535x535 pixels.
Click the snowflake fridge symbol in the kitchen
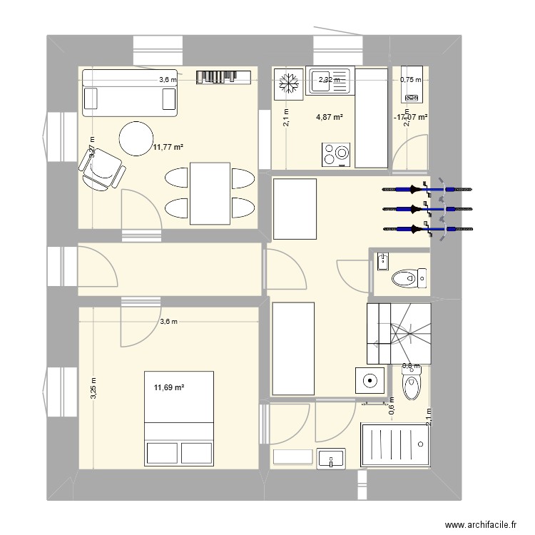[x=288, y=83]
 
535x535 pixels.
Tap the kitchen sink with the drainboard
[x=330, y=81]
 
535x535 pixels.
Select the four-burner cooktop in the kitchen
[x=337, y=153]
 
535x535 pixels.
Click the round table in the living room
[x=136, y=138]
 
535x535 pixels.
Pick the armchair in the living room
[x=103, y=170]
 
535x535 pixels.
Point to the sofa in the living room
[x=129, y=93]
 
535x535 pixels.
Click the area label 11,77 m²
[x=168, y=148]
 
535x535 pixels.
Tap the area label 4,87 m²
[x=330, y=117]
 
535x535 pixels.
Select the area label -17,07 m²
[x=410, y=117]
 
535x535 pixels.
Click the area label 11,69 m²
[x=169, y=388]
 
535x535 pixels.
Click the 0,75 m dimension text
[x=410, y=81]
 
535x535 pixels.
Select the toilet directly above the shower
[x=412, y=387]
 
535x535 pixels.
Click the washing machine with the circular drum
[x=370, y=382]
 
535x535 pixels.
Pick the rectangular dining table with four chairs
[x=210, y=192]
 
